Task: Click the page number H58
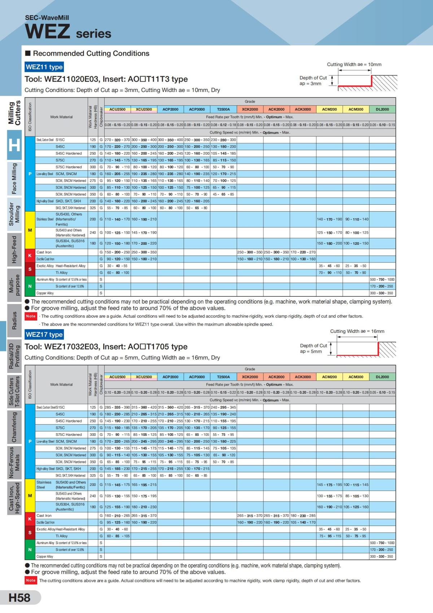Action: [19, 598]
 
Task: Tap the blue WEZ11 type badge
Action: [44, 67]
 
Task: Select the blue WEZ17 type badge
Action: [44, 334]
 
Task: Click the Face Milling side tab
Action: [14, 178]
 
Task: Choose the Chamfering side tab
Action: [14, 427]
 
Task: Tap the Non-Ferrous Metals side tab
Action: [14, 462]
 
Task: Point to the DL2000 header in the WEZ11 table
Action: [382, 109]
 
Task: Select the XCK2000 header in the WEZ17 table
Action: [250, 377]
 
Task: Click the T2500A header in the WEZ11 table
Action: [223, 109]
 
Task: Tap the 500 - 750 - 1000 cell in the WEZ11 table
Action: [382, 279]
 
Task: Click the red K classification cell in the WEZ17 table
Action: [30, 519]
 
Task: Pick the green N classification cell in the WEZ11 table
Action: [30, 286]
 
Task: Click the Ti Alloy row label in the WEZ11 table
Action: [62, 273]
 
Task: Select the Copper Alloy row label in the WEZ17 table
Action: [45, 556]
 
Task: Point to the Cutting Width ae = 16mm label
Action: [357, 331]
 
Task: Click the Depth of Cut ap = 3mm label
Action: [312, 81]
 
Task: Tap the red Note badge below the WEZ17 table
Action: [31, 580]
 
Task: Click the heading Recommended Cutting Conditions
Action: [91, 53]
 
